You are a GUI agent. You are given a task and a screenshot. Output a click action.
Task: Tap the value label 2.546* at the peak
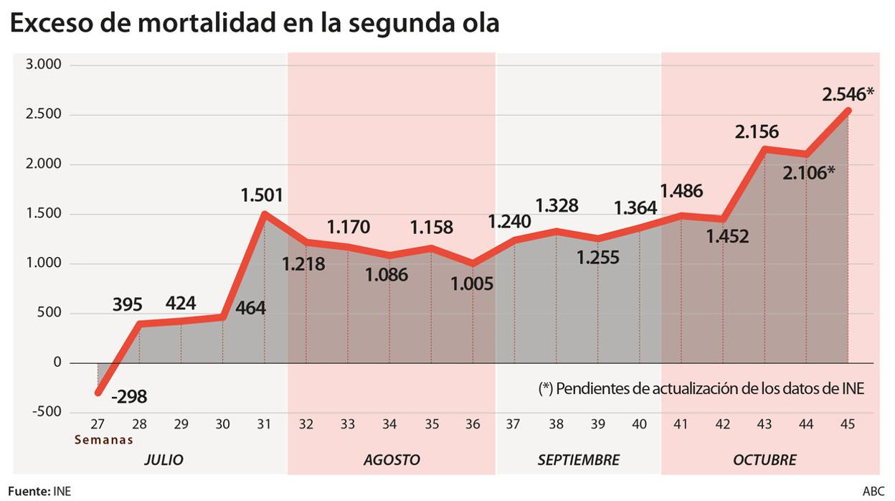tap(848, 94)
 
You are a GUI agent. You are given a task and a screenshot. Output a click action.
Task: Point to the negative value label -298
tap(130, 396)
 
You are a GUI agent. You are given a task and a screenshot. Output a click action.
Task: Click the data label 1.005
tap(472, 284)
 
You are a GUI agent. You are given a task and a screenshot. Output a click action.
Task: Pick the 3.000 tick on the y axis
tap(45, 65)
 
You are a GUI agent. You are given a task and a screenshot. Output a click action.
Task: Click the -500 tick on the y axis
tap(47, 412)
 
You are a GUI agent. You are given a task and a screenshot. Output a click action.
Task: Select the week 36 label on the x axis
tap(473, 424)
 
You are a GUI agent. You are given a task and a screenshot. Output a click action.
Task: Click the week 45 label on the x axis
tap(848, 424)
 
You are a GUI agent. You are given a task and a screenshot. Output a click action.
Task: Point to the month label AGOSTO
tap(392, 459)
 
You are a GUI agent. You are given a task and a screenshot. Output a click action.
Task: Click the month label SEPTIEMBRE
tap(578, 459)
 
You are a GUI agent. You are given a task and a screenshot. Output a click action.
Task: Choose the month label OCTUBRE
tap(764, 459)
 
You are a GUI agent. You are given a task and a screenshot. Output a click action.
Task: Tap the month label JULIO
tap(164, 459)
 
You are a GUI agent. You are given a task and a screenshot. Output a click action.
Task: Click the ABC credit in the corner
tap(873, 492)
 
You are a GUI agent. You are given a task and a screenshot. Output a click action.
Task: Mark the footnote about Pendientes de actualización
tap(701, 388)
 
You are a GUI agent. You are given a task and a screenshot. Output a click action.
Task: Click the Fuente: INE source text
tap(39, 492)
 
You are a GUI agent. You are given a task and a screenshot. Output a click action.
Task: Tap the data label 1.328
tap(555, 206)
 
